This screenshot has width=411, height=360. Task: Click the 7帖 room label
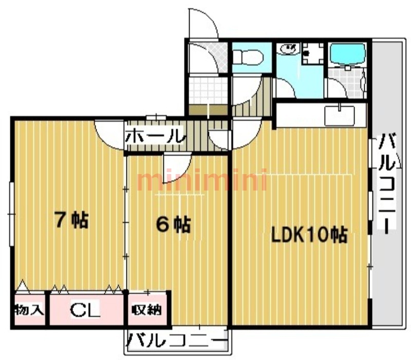(71, 219)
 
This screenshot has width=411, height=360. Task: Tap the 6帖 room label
(173, 224)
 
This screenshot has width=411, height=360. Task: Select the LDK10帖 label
(309, 235)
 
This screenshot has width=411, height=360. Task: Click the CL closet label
(85, 310)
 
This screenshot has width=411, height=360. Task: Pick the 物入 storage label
(29, 310)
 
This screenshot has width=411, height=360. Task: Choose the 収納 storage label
(146, 310)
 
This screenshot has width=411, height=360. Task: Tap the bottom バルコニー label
(176, 340)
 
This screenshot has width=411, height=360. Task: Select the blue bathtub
(348, 53)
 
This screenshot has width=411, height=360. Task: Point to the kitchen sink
(340, 115)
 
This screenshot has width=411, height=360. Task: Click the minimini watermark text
(202, 180)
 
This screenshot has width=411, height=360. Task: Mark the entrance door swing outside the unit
(203, 24)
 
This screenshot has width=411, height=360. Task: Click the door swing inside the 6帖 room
(177, 168)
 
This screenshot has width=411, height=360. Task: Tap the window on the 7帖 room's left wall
(11, 214)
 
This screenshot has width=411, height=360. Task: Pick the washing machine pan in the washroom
(312, 53)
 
